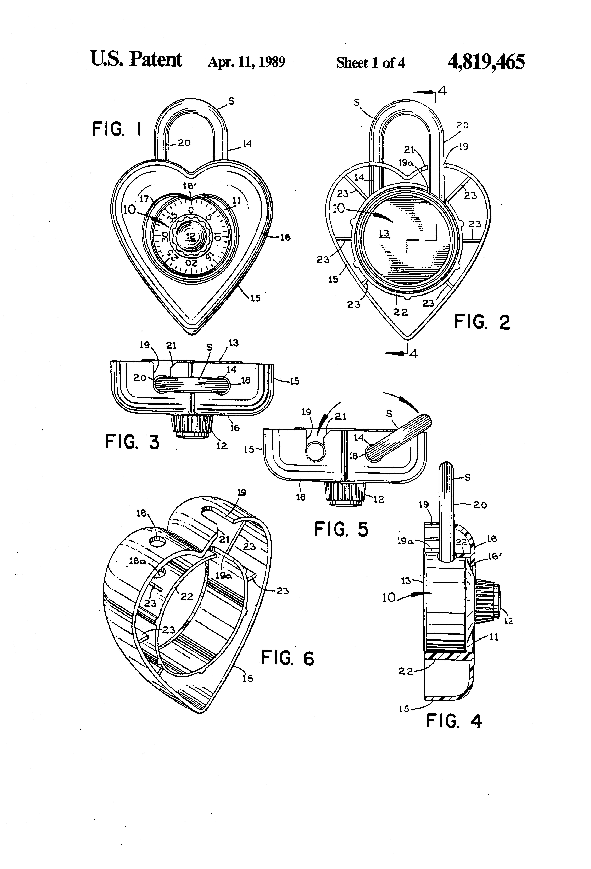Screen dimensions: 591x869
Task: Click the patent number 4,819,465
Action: [x=486, y=62]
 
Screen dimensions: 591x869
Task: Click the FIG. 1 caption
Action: [x=117, y=129]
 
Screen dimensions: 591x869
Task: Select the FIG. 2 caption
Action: [x=482, y=322]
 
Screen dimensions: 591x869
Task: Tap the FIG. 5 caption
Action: [x=341, y=529]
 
